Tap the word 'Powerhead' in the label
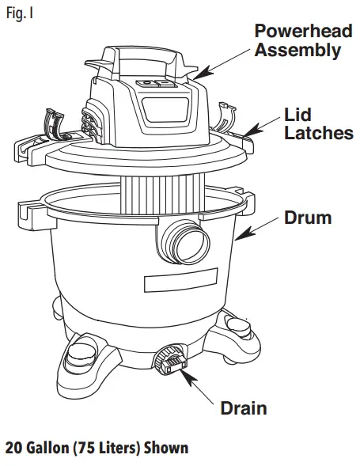click(x=297, y=32)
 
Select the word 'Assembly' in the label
click(x=297, y=51)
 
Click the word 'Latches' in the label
click(x=318, y=133)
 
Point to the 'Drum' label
click(x=309, y=217)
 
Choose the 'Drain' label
click(x=243, y=408)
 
